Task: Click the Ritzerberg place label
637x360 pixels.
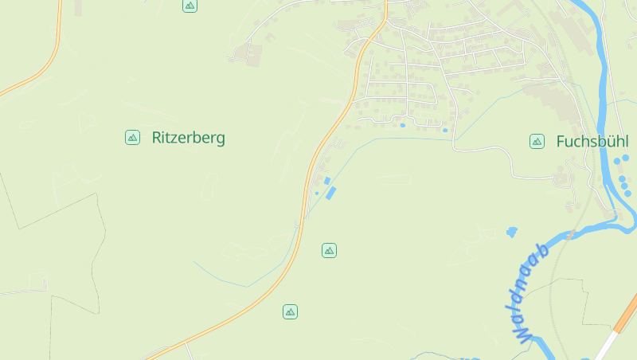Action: pyautogui.click(x=188, y=138)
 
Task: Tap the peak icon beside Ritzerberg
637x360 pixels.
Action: pyautogui.click(x=132, y=138)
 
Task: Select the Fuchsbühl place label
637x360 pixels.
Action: pyautogui.click(x=592, y=142)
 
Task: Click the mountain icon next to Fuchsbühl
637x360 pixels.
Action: pyautogui.click(x=537, y=142)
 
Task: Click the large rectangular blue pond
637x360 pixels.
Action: pyautogui.click(x=330, y=193)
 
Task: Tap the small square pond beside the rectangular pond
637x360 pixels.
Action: pyautogui.click(x=326, y=181)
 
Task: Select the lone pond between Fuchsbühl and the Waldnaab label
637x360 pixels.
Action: pyautogui.click(x=511, y=232)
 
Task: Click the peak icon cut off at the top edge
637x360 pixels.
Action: pyautogui.click(x=190, y=5)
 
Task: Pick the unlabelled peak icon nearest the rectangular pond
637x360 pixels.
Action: pyautogui.click(x=329, y=251)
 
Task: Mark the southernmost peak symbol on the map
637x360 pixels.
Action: pyautogui.click(x=290, y=311)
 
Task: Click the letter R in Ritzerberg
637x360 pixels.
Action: pyautogui.click(x=157, y=138)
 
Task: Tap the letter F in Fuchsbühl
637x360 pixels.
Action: pyautogui.click(x=560, y=142)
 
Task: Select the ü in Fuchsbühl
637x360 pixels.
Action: pyautogui.click(x=607, y=142)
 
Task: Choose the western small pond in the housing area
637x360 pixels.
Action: pyautogui.click(x=403, y=125)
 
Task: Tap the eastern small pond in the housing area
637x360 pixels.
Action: pyautogui.click(x=445, y=130)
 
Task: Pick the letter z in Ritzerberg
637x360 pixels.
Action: pyautogui.click(x=175, y=139)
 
